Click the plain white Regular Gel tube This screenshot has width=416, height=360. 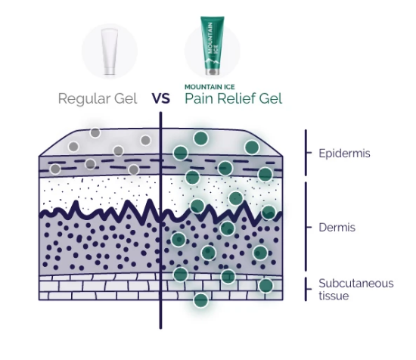(x=110, y=51)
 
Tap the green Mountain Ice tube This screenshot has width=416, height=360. (x=213, y=45)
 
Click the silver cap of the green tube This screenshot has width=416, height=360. (x=213, y=72)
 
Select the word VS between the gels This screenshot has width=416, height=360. (x=161, y=98)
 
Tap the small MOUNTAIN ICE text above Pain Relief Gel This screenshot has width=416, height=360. (x=210, y=87)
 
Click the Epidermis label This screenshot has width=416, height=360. (x=344, y=154)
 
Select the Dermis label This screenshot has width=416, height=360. (x=337, y=228)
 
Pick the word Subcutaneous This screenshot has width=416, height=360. (x=356, y=284)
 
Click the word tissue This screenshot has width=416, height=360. (x=334, y=296)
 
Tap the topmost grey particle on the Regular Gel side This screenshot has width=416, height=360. (x=95, y=132)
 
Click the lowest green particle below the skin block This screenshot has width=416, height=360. (x=201, y=300)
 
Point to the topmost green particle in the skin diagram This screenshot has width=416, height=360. (x=201, y=138)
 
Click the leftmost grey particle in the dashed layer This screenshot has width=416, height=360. (x=55, y=169)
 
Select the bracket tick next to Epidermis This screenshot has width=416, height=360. (x=309, y=153)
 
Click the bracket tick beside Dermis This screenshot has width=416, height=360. (x=309, y=228)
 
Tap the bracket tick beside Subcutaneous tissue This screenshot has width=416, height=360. (x=309, y=289)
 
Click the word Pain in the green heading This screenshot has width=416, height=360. (x=199, y=98)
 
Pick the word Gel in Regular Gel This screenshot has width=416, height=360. (x=126, y=98)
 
